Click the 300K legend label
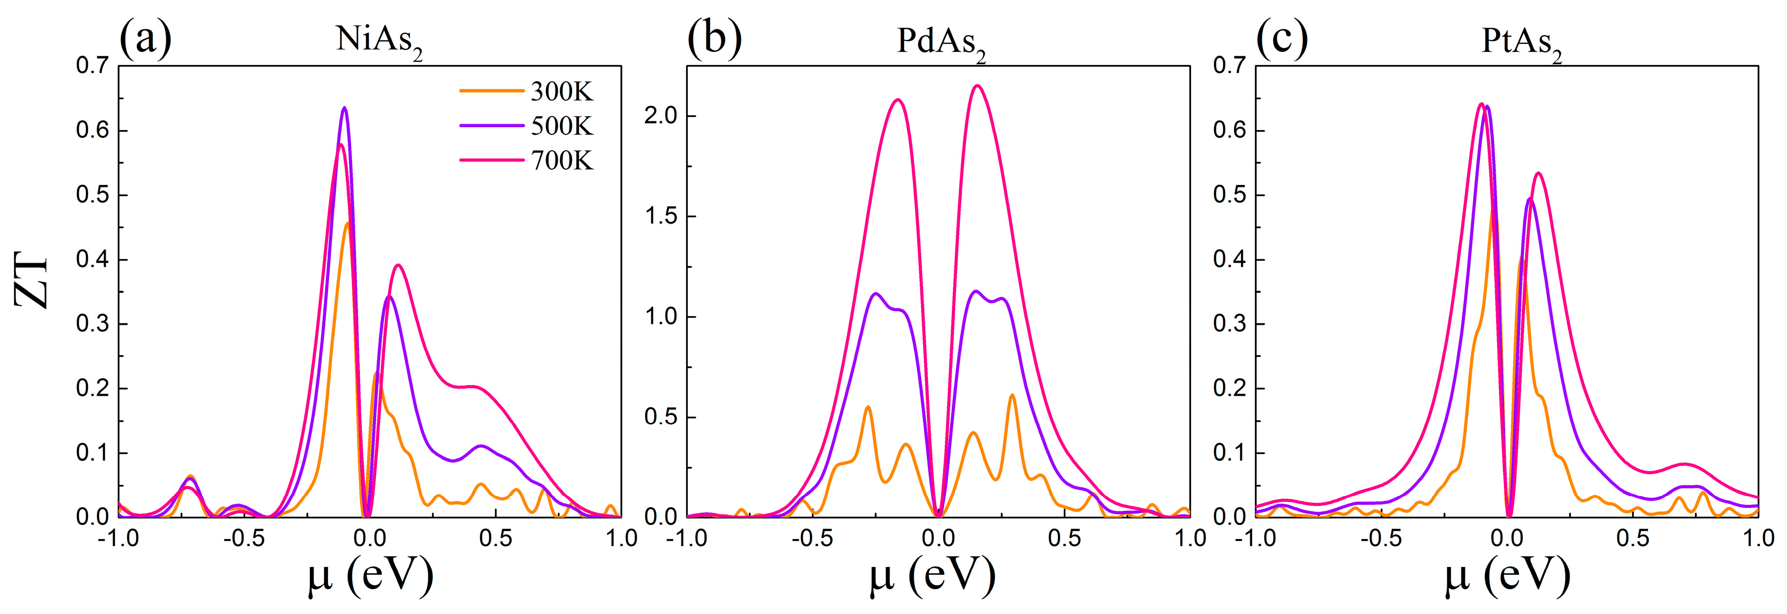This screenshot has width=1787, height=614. coord(562,91)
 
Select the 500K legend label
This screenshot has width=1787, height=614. coord(562,126)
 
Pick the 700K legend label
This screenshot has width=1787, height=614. coord(562,161)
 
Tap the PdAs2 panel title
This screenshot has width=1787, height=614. coord(941,42)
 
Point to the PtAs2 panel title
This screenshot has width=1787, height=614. coord(1522,42)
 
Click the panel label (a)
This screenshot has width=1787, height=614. coord(145,38)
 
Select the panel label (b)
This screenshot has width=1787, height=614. coord(714,38)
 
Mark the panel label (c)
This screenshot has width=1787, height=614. coord(1282,38)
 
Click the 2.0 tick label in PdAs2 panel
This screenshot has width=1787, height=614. coord(661,116)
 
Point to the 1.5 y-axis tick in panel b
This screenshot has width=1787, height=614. coord(661,216)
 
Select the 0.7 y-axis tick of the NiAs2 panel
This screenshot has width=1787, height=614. coord(92,66)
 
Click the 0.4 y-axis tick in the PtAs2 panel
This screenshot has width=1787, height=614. coord(1229,259)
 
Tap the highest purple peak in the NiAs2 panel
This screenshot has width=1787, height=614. coord(344,108)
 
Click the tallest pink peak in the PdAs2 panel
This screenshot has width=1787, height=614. coord(977,86)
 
